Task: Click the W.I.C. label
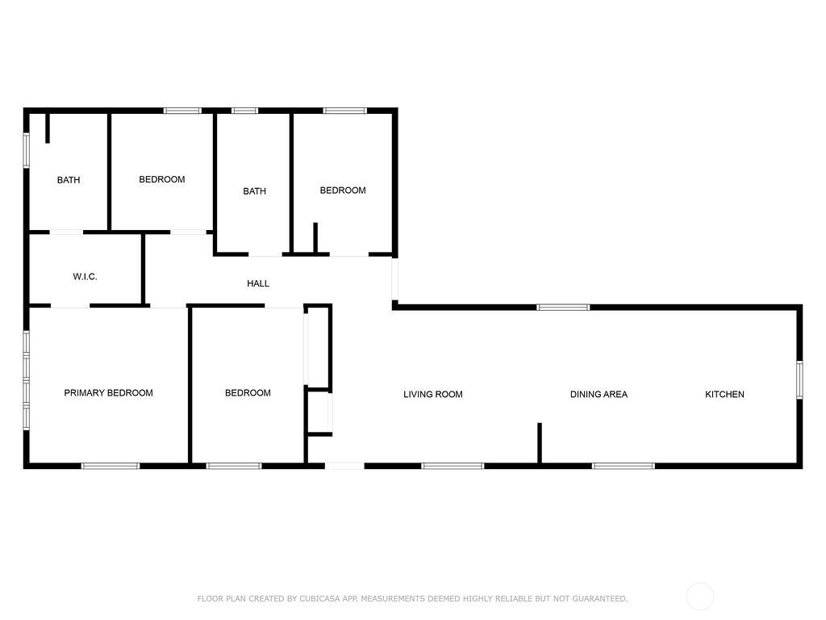coord(85,276)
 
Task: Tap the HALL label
coord(258,283)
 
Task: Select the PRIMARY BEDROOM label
coord(109,393)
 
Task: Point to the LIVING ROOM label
coord(433,394)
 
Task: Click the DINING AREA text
coord(599,394)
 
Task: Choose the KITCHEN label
coord(725,394)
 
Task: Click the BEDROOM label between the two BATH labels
coord(161,179)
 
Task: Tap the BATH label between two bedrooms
coord(254,191)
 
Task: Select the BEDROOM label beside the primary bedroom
coord(248,393)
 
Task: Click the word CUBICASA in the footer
coord(319,598)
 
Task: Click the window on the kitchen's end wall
coord(799,379)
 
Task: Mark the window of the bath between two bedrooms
coord(245,111)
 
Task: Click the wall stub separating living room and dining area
coord(540,443)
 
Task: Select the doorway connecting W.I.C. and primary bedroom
coord(70,306)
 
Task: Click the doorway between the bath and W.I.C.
coord(66,232)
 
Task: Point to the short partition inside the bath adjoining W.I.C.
coord(48,128)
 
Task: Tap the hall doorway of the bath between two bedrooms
coord(265,254)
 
